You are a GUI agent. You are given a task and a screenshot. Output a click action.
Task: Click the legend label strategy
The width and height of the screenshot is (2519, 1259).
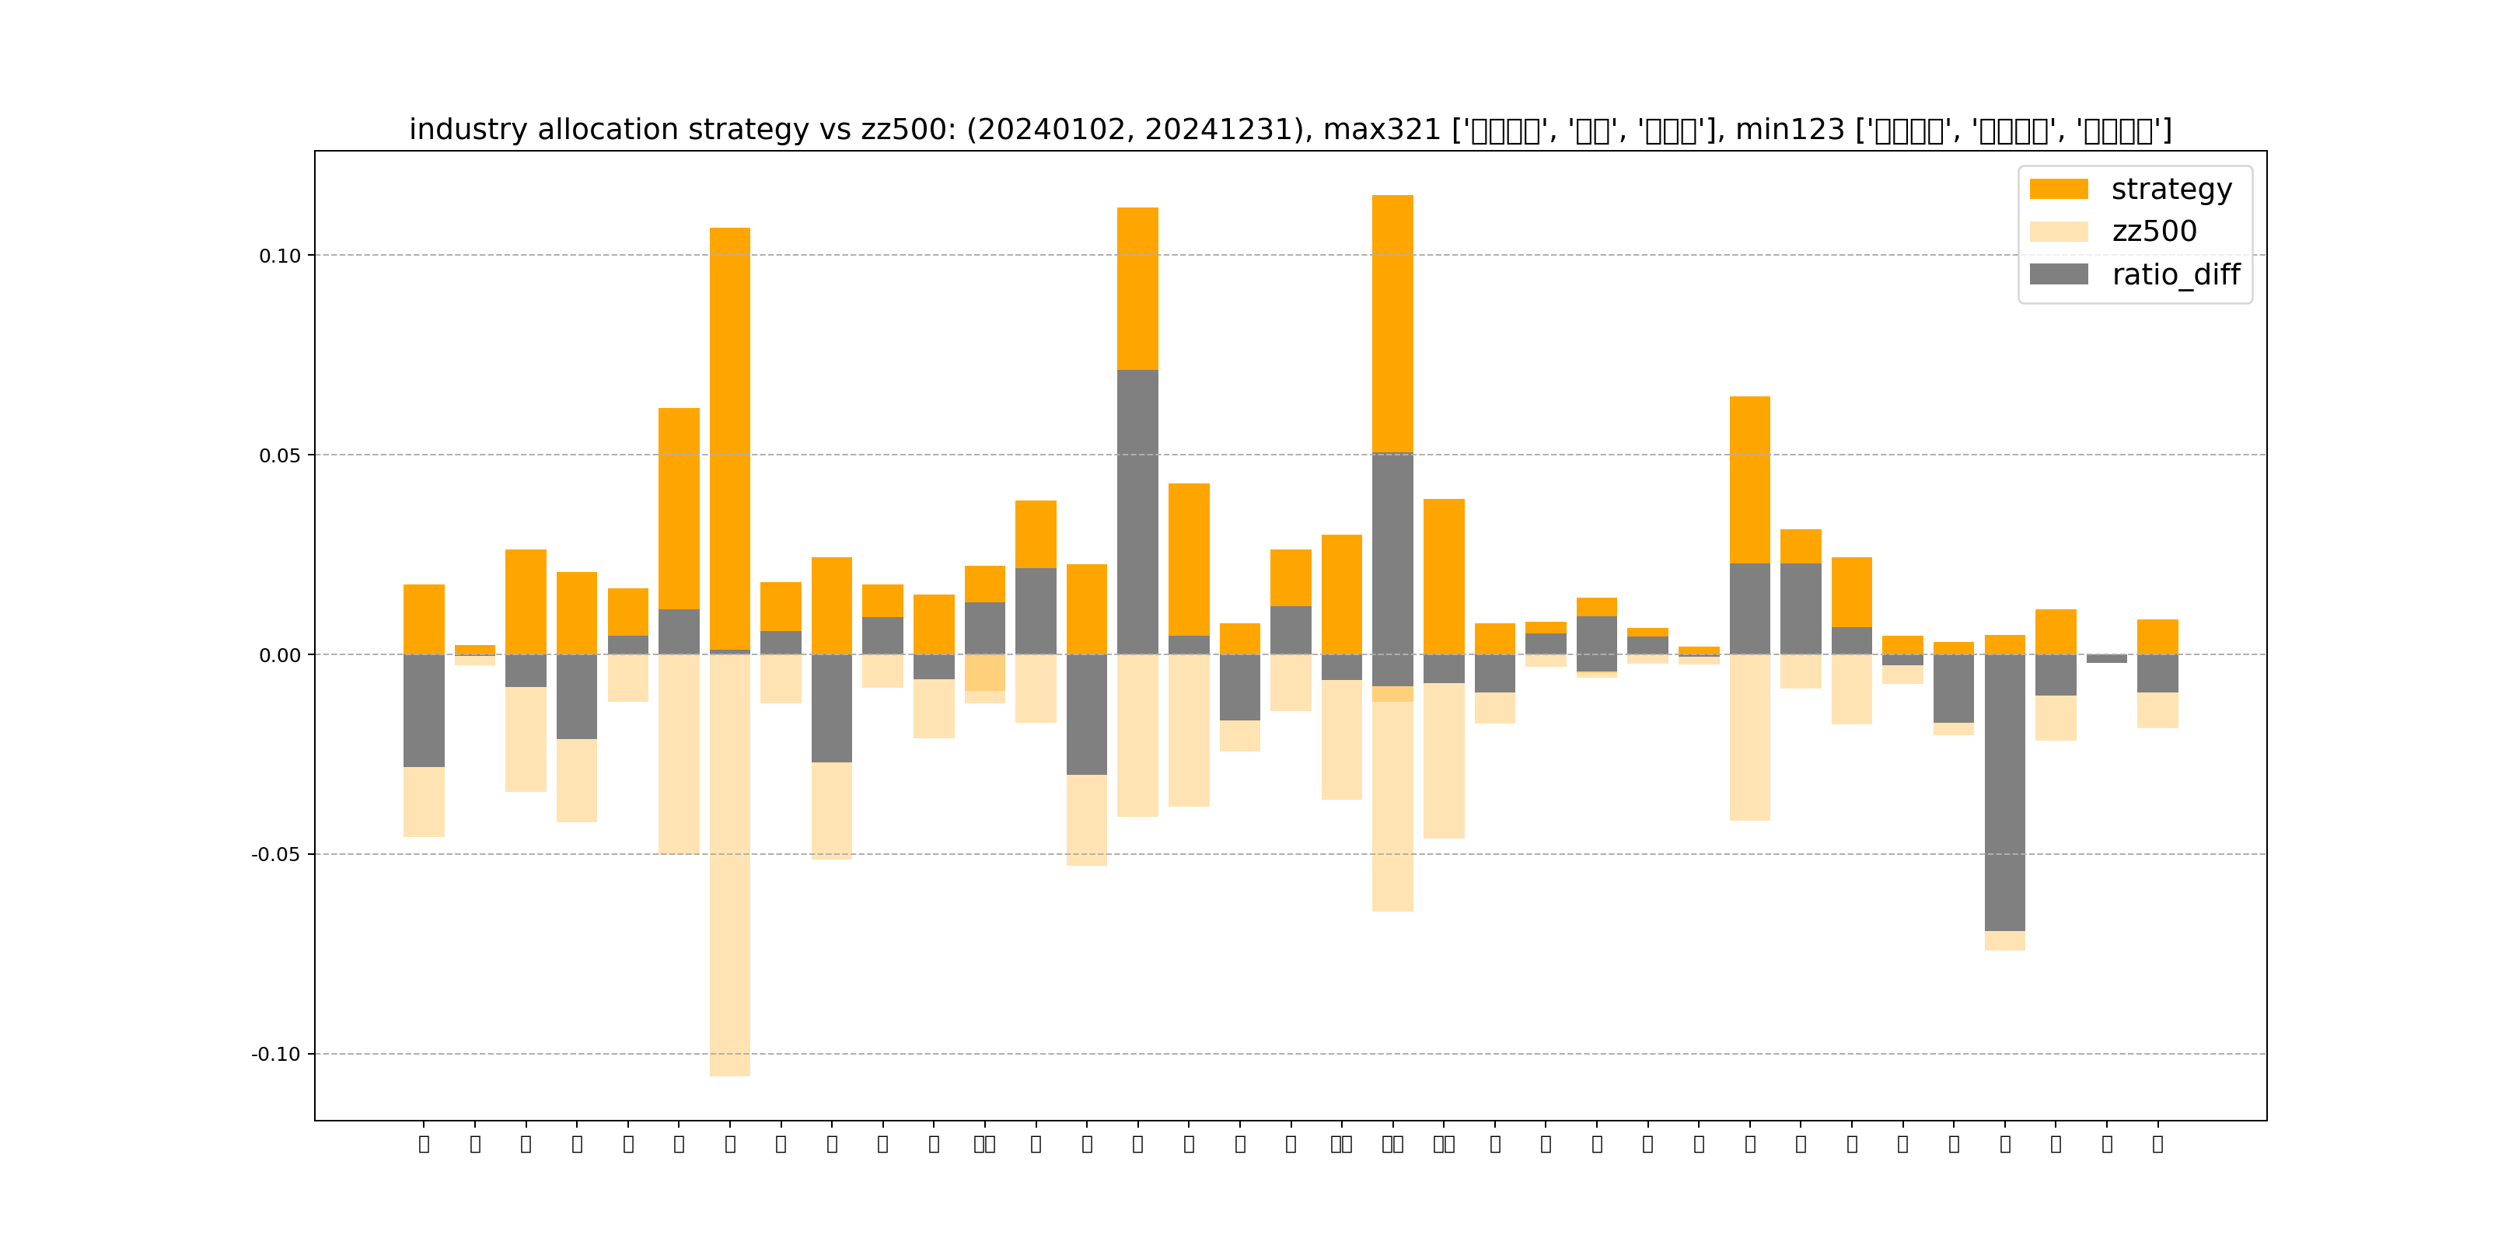coord(2171,189)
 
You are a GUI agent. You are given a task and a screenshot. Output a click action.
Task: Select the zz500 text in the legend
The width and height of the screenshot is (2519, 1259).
coord(2154,232)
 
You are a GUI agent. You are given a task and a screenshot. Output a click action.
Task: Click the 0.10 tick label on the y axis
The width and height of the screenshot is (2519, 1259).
coord(280,256)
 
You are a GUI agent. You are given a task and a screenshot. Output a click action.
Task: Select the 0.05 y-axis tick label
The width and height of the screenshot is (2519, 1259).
coord(280,455)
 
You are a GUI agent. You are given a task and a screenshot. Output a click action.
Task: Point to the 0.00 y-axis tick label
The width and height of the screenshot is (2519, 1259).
coord(280,655)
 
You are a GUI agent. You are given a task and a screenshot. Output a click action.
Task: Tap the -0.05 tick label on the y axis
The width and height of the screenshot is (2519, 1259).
coord(276,854)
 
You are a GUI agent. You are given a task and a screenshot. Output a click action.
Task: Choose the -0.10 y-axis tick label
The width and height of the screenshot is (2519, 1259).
coord(276,1054)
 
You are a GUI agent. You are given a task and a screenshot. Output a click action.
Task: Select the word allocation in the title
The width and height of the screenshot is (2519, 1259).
coord(607,129)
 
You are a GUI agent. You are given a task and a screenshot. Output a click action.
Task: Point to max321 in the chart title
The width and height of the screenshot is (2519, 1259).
coord(1381,129)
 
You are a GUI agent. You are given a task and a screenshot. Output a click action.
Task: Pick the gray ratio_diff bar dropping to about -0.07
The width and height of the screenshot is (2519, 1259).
coord(2004,792)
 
